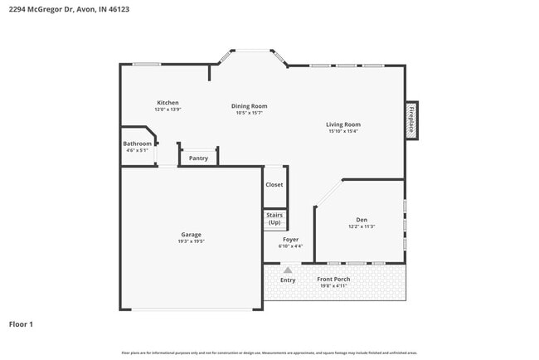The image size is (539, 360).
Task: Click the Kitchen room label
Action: (168, 103)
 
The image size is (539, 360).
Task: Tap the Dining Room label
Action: (249, 106)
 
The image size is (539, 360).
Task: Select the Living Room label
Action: (342, 124)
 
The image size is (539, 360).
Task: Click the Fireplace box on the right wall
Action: (410, 119)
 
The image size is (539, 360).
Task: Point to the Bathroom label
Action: (138, 144)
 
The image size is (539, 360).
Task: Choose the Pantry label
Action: (198, 158)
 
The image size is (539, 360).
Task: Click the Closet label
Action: (274, 185)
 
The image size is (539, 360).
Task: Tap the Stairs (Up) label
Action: (274, 219)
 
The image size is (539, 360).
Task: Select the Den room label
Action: (362, 220)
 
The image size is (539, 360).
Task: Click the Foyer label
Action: (291, 239)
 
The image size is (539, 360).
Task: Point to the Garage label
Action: (192, 234)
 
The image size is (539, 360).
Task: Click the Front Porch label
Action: (333, 279)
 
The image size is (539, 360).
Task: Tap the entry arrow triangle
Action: (288, 270)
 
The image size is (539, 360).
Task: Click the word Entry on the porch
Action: (288, 280)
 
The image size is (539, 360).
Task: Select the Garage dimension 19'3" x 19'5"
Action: (192, 241)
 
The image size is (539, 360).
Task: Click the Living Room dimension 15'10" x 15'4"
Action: (342, 131)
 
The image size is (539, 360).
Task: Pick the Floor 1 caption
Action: (21, 324)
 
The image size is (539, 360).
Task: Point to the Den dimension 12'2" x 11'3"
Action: (362, 226)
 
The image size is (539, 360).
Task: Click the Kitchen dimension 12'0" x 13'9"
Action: (168, 109)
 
